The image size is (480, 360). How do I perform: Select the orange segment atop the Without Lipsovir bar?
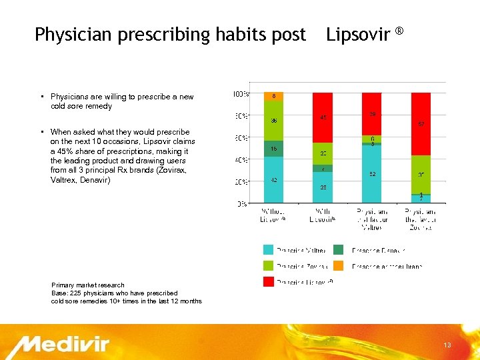[274, 97]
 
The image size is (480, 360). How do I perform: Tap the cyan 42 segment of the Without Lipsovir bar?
[274, 180]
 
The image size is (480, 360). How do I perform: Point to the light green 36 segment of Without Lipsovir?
[274, 121]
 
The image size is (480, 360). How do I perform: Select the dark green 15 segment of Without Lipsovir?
[274, 149]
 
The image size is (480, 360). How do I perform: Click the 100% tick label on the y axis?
[240, 94]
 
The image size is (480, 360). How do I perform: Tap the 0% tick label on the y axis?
[243, 203]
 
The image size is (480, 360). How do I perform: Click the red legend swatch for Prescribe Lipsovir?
[268, 283]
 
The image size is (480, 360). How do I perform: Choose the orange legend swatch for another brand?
[339, 266]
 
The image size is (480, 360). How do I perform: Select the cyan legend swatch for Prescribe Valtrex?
[268, 250]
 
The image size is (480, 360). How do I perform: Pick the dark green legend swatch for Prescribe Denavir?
[339, 250]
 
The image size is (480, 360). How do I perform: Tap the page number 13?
[447, 345]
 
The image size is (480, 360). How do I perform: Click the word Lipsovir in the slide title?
[358, 34]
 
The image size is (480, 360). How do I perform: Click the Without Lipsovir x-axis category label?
[274, 215]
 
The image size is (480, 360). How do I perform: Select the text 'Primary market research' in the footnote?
[88, 285]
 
